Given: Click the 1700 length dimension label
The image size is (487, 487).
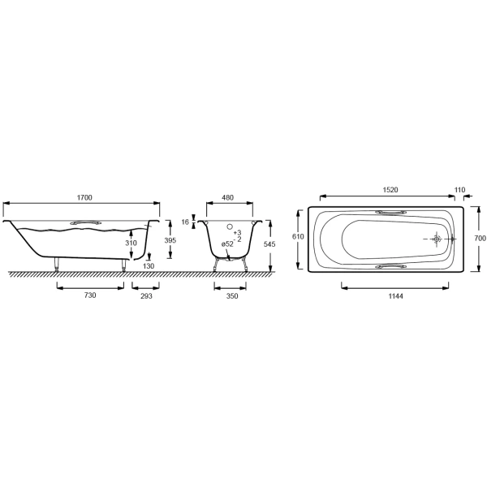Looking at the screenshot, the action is [84, 197].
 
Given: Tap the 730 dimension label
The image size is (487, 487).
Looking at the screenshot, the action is [90, 295].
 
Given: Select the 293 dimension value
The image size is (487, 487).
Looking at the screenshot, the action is [146, 296].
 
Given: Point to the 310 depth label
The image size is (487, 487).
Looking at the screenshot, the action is [131, 243].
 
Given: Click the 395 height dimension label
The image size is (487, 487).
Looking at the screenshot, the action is [170, 240].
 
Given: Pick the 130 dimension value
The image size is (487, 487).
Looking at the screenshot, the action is [149, 266].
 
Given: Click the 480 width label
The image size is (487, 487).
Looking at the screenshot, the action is [227, 197].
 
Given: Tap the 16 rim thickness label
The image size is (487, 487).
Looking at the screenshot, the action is [185, 222].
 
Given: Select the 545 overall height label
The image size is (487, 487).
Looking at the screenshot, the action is [269, 244].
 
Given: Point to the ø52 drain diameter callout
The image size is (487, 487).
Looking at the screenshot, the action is [227, 244].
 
